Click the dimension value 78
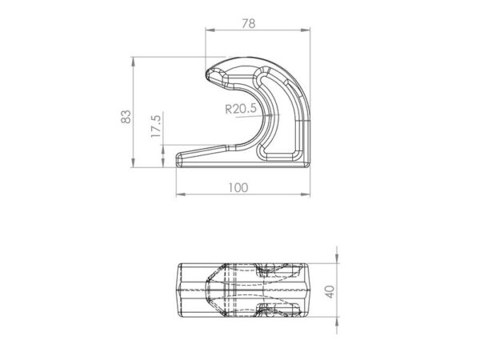[249, 23]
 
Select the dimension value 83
[126, 117]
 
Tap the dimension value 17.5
[156, 126]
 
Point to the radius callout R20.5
[241, 109]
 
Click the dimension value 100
[238, 188]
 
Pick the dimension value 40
[330, 291]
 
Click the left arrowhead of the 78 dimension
[210, 30]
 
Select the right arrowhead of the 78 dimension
[306, 30]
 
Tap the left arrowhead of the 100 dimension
[182, 194]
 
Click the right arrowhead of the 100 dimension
[306, 194]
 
